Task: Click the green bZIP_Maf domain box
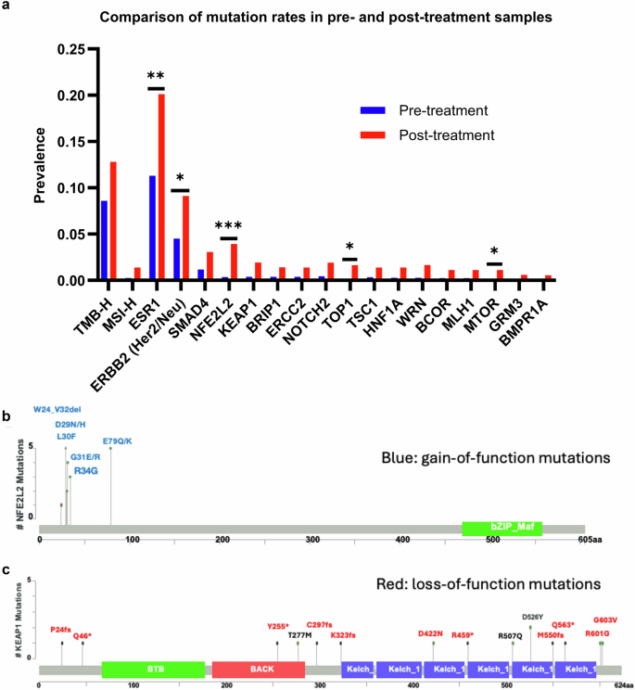pos(502,528)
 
